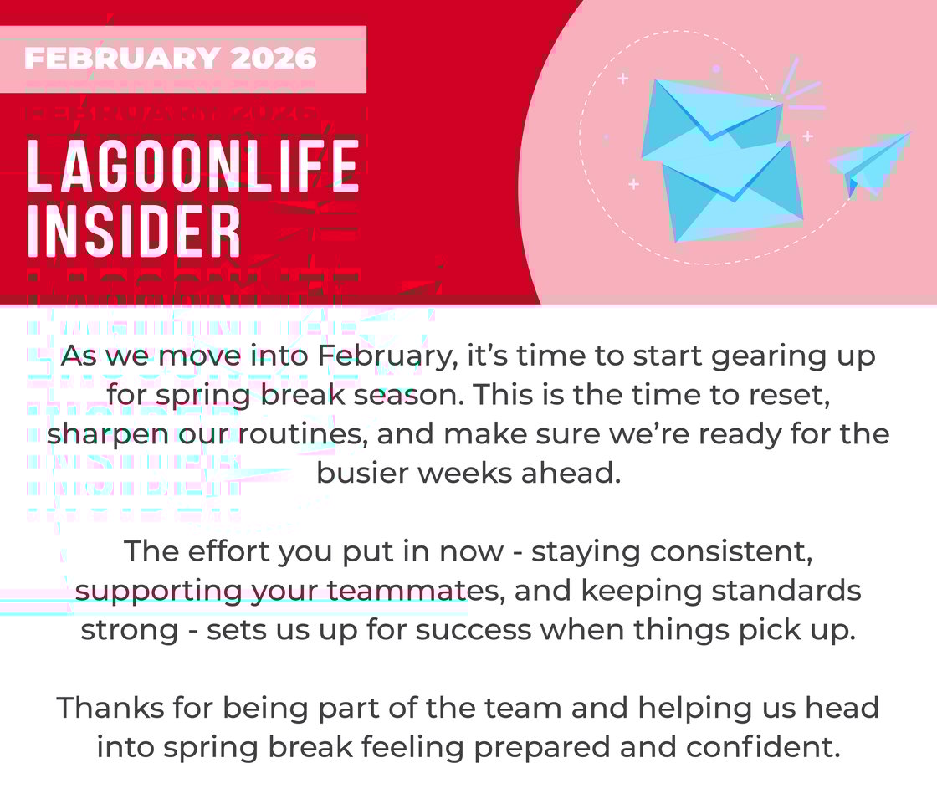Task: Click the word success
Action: point(480,630)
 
